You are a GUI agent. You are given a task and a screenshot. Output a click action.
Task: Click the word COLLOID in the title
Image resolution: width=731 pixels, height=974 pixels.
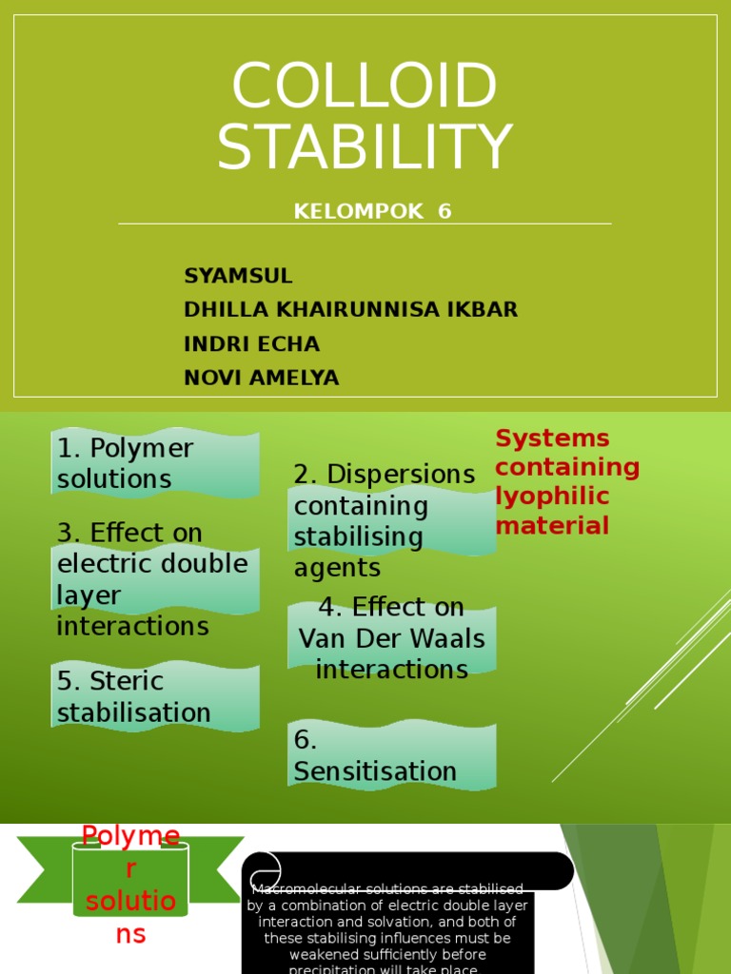[x=364, y=87]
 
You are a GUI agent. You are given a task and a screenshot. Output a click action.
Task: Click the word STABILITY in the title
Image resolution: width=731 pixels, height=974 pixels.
[x=365, y=147]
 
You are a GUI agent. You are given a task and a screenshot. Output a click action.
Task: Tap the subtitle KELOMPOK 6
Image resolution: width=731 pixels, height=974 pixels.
[x=372, y=211]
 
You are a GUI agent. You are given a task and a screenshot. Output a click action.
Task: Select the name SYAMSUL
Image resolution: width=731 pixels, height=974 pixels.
[x=238, y=276]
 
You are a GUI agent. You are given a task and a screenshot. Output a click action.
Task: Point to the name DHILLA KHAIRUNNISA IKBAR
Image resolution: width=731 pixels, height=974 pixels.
[x=350, y=310]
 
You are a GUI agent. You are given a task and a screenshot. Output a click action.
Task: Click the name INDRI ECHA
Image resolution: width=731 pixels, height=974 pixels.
[x=251, y=343]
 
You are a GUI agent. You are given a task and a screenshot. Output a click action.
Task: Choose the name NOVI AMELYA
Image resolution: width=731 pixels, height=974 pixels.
[x=261, y=378]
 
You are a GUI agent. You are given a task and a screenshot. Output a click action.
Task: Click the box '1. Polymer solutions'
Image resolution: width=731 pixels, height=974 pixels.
[x=154, y=463]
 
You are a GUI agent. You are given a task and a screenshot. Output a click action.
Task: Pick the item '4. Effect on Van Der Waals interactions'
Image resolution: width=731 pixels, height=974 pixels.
[x=391, y=638]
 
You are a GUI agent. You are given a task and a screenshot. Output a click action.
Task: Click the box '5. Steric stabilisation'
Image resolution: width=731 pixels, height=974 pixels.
[x=154, y=697]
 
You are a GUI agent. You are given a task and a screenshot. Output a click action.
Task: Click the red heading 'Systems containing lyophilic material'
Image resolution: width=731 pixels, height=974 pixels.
[x=567, y=482]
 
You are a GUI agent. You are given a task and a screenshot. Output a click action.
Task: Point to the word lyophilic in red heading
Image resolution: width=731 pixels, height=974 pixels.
[x=552, y=497]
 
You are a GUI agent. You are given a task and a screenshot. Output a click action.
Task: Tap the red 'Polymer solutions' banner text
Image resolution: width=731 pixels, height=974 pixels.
[x=130, y=886]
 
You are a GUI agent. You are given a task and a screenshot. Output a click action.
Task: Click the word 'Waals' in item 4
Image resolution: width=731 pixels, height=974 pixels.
[x=447, y=638]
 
